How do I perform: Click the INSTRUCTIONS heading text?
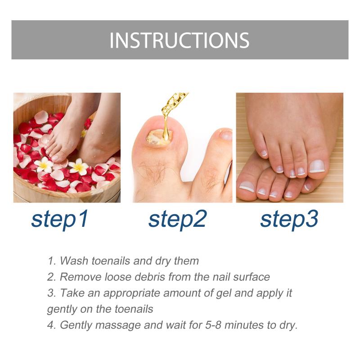[x=179, y=40]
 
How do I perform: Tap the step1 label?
[x=60, y=219]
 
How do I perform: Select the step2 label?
[x=177, y=219]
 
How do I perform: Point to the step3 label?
[x=289, y=219]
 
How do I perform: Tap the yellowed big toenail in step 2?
[x=158, y=138]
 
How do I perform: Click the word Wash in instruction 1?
[x=74, y=261]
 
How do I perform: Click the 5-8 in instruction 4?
[x=213, y=325]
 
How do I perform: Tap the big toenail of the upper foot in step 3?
[x=317, y=166]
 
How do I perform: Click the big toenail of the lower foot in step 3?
[x=247, y=186]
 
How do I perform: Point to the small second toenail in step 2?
[x=226, y=135]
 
